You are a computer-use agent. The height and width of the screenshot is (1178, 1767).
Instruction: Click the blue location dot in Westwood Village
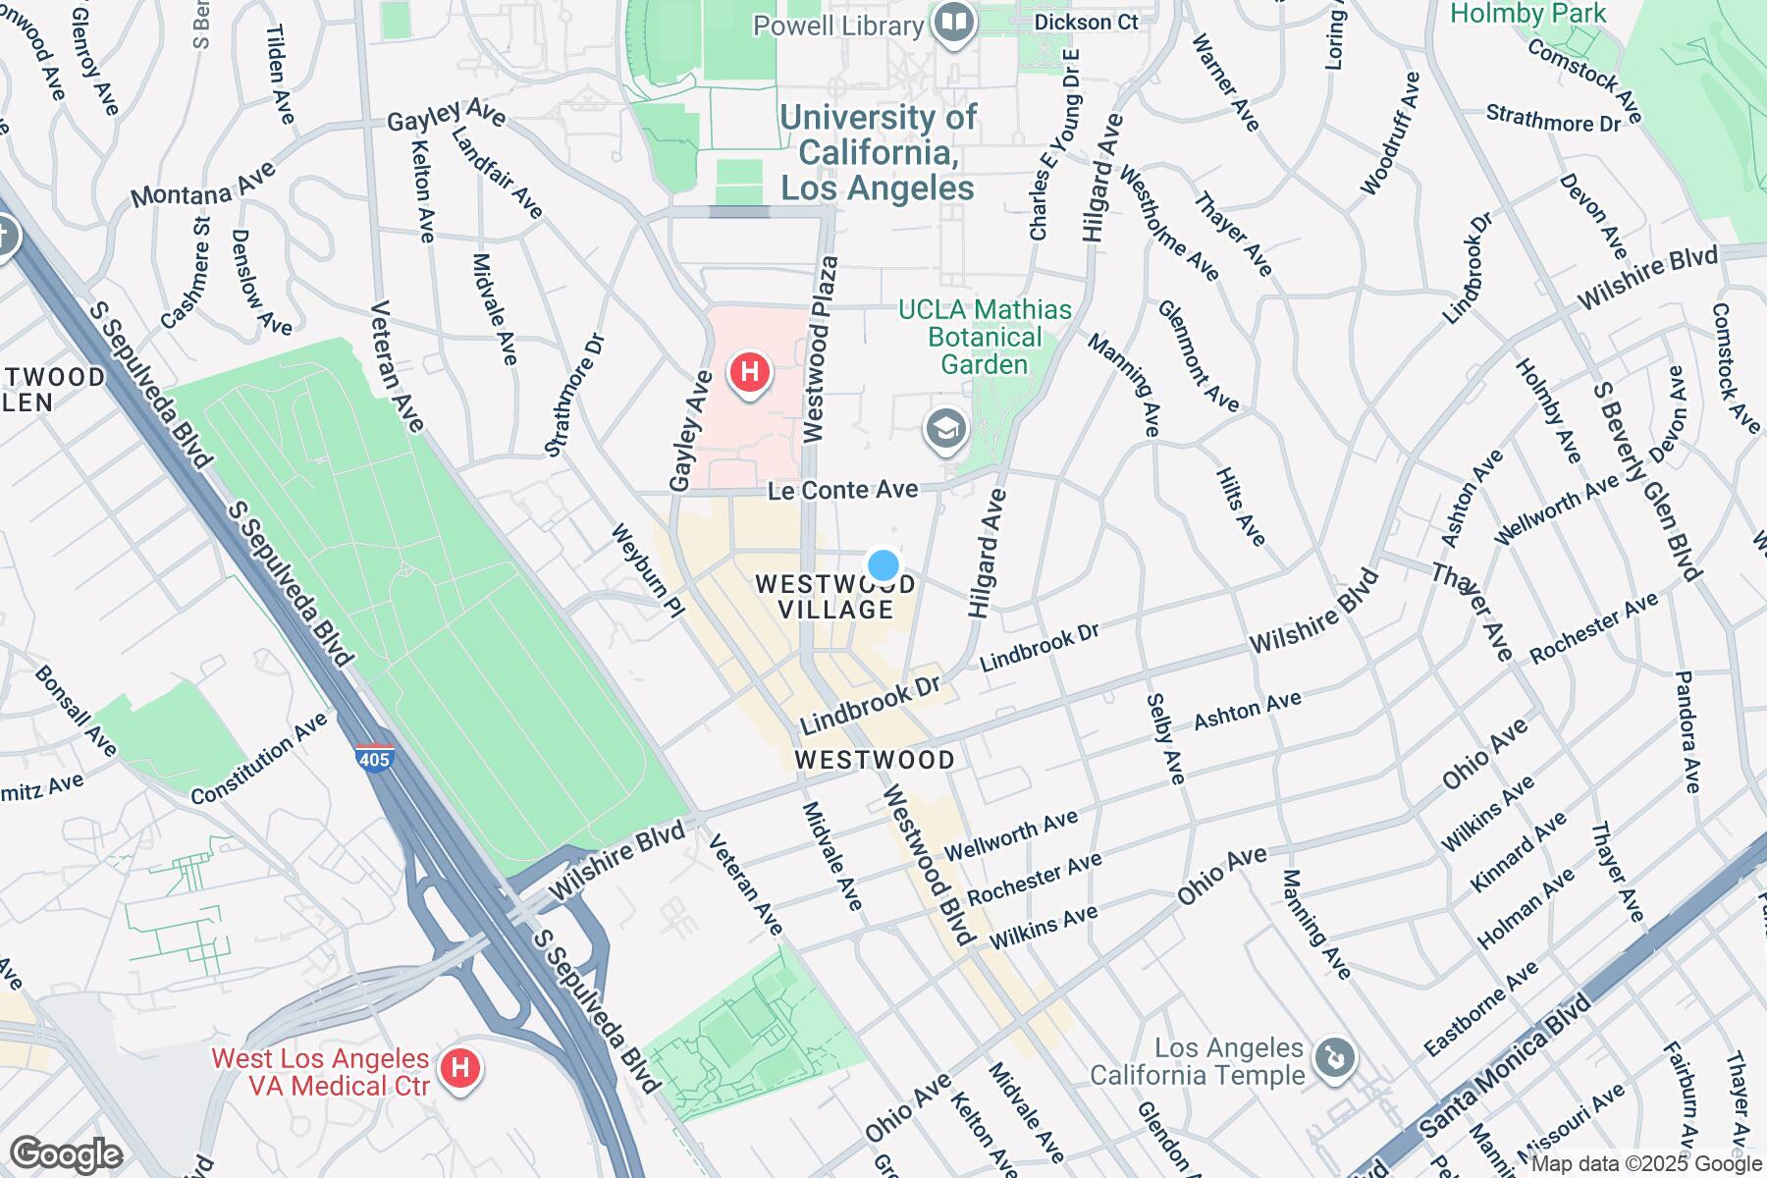click(883, 565)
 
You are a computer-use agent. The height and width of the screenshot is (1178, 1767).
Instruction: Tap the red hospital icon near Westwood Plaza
click(750, 373)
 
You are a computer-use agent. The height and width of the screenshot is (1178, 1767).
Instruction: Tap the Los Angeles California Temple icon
click(1335, 1058)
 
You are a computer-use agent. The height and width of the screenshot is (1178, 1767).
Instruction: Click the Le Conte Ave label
click(842, 489)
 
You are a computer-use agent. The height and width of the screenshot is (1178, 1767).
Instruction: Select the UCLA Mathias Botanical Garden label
click(985, 338)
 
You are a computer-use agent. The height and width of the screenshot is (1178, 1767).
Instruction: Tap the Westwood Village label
click(835, 597)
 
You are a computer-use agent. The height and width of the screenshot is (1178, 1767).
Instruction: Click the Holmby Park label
click(1527, 14)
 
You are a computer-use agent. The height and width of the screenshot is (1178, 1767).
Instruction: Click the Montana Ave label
click(203, 185)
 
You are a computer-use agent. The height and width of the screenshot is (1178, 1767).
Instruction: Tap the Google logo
click(66, 1155)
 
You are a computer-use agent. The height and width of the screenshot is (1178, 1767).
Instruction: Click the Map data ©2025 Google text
click(1646, 1164)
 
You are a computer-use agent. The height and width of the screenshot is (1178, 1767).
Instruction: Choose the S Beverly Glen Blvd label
click(1645, 481)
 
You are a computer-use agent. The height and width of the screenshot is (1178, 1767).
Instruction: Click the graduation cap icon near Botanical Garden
click(946, 430)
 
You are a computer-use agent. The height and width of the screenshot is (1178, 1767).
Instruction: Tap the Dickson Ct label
click(1087, 22)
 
